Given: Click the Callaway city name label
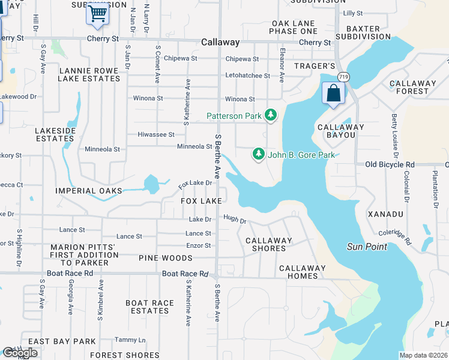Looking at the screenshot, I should click(x=220, y=43).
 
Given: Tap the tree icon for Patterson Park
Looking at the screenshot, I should click(x=271, y=114).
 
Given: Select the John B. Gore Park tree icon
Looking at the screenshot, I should click(x=258, y=155).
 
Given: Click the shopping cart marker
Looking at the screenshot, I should click(x=97, y=13).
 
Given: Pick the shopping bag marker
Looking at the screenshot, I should click(x=333, y=93).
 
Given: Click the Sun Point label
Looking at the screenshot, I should click(x=367, y=247).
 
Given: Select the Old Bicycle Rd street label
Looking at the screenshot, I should click(x=390, y=164).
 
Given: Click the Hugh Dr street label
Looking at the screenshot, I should click(x=235, y=220).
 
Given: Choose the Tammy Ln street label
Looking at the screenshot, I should click(x=126, y=340).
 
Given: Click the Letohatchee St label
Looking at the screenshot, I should click(x=247, y=76).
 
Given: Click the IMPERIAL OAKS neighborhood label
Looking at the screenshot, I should click(x=88, y=191).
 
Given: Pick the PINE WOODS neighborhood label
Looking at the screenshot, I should click(x=165, y=258).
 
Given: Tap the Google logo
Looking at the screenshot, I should click(x=20, y=353).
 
